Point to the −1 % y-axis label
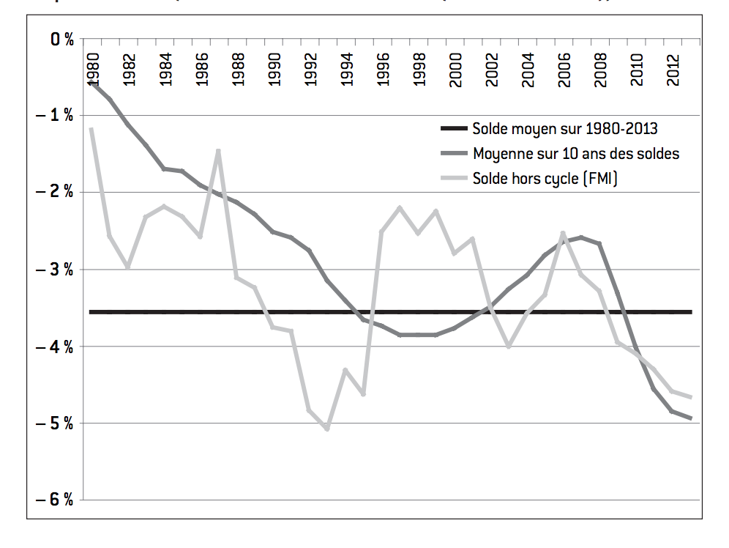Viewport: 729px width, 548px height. point(56,116)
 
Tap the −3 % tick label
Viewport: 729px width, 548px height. point(56,270)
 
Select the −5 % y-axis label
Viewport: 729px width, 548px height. point(56,423)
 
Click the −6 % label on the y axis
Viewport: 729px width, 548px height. point(56,500)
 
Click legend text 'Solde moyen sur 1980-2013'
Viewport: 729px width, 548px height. point(565,129)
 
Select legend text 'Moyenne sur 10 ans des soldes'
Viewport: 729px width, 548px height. point(576,154)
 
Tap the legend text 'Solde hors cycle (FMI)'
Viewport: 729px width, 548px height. point(545,178)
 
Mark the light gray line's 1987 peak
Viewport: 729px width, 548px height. point(218,151)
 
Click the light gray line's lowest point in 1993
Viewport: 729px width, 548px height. point(327,429)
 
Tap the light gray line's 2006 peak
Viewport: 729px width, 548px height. point(563,234)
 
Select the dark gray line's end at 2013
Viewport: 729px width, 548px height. point(691,418)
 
